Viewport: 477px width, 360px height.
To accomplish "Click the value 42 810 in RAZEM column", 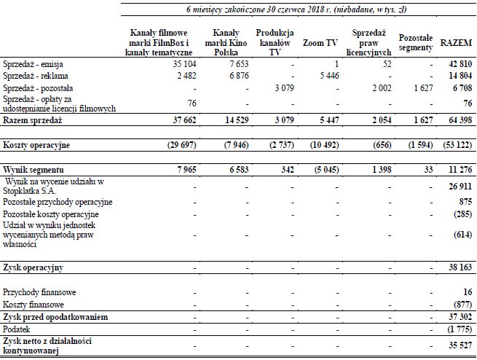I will [457, 64].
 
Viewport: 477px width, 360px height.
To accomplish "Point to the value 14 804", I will [457, 75].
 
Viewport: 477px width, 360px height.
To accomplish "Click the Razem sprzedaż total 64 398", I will [457, 119].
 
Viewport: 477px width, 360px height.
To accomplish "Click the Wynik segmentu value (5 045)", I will [323, 170].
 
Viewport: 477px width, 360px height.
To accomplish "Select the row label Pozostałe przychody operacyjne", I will [58, 200].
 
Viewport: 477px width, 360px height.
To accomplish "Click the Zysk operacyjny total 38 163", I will [457, 267].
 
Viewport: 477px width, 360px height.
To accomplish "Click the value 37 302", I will [457, 317].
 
